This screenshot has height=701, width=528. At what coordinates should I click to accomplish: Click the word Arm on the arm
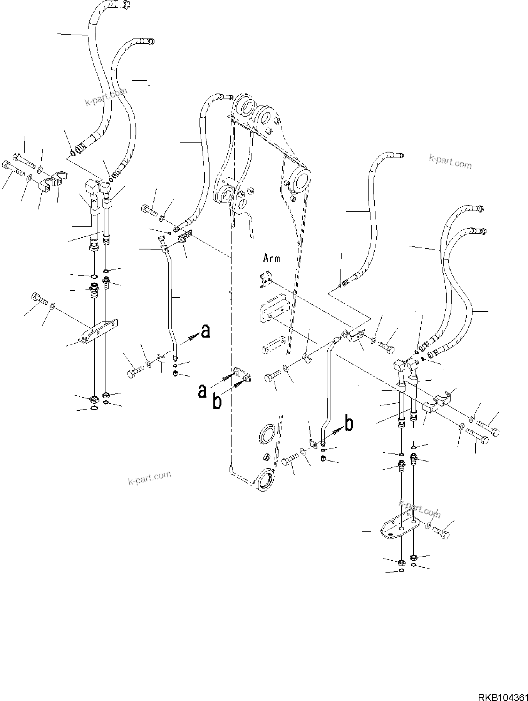coord(272,258)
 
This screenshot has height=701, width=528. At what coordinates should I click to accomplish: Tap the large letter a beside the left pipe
coord(206,331)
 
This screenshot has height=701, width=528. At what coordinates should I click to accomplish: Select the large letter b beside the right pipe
coord(349,424)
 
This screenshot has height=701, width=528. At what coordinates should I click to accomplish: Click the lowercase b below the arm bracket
coord(217,402)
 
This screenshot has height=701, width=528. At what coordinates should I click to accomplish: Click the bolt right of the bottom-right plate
coord(441,533)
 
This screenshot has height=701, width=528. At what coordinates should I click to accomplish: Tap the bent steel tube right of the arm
coord(328,385)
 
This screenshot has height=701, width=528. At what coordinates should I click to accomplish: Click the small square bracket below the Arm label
coord(266,280)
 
